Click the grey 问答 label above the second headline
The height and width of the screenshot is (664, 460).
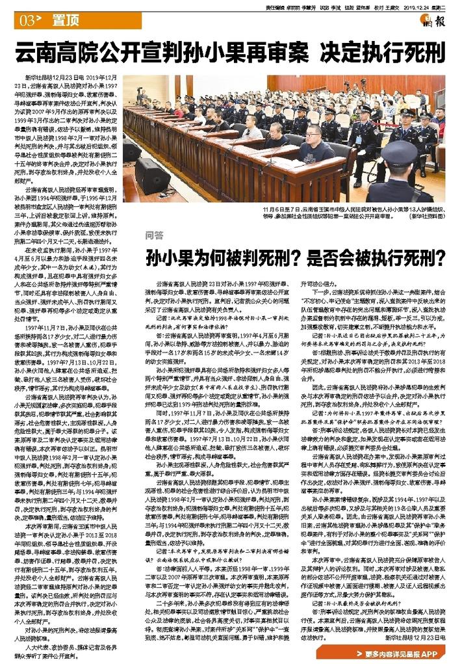tap(153, 231)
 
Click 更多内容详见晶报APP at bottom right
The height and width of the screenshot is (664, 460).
tap(406, 652)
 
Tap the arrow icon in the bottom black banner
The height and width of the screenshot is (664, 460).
tap(369, 652)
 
